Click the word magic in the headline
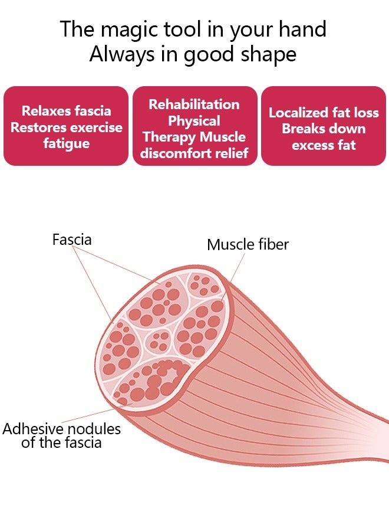point(123,29)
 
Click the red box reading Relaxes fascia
point(66,126)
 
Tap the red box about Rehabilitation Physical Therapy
point(194,126)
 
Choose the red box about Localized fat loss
point(324,126)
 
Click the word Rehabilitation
point(194,104)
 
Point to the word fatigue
point(66,143)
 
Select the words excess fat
point(324,145)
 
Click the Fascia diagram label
point(72,240)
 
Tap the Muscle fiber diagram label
point(248,244)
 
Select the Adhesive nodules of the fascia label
point(61,435)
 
